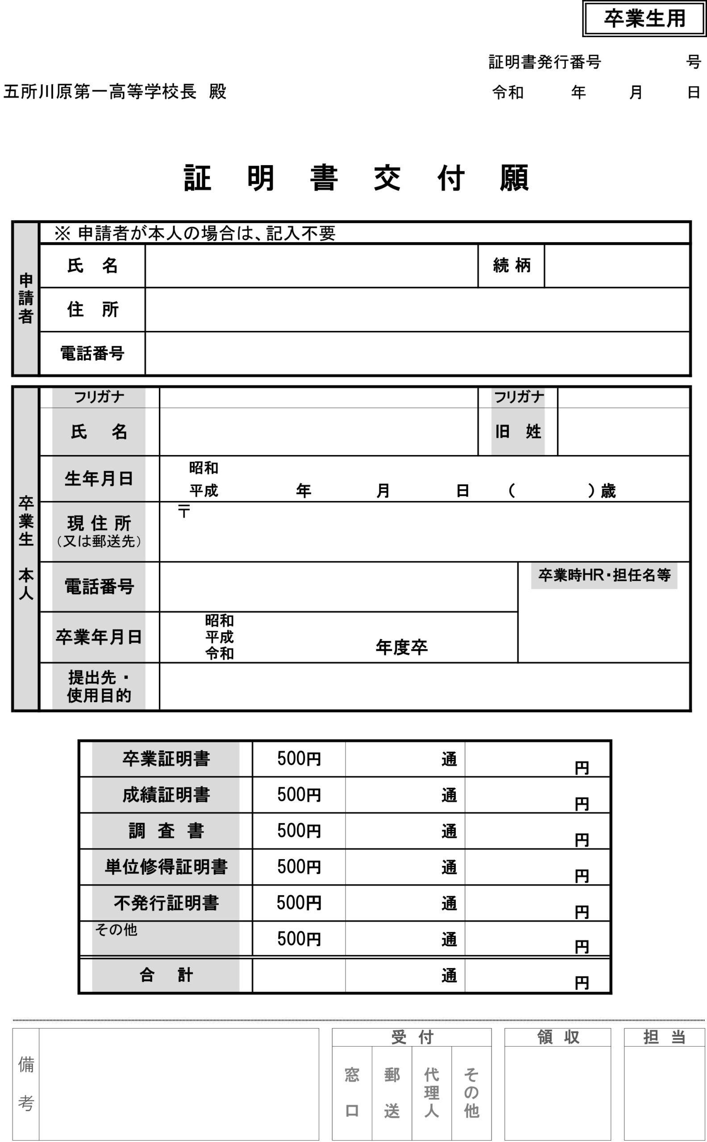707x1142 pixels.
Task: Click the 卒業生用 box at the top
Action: [644, 19]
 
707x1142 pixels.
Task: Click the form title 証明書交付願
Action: [356, 178]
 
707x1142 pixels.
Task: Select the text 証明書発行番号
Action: [544, 62]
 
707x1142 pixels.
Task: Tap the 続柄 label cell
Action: [511, 265]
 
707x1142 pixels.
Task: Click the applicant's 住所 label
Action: [92, 309]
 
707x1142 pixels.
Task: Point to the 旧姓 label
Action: [518, 431]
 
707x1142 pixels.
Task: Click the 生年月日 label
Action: [99, 479]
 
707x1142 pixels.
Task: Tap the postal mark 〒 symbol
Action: [184, 511]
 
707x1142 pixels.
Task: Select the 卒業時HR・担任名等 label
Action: [604, 575]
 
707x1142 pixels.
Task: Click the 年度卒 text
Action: [402, 647]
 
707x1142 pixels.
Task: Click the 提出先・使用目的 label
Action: [99, 687]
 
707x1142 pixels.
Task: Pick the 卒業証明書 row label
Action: [166, 758]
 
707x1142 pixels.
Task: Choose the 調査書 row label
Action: [166, 830]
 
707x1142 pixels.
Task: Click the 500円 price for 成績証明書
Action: [299, 794]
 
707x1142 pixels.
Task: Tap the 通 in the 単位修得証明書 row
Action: [449, 867]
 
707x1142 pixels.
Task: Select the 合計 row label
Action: [166, 975]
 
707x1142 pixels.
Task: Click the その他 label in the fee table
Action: [116, 930]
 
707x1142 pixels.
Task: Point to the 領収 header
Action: [557, 1037]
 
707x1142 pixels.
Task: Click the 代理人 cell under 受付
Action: [431, 1092]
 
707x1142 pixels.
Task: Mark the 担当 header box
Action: [664, 1037]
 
